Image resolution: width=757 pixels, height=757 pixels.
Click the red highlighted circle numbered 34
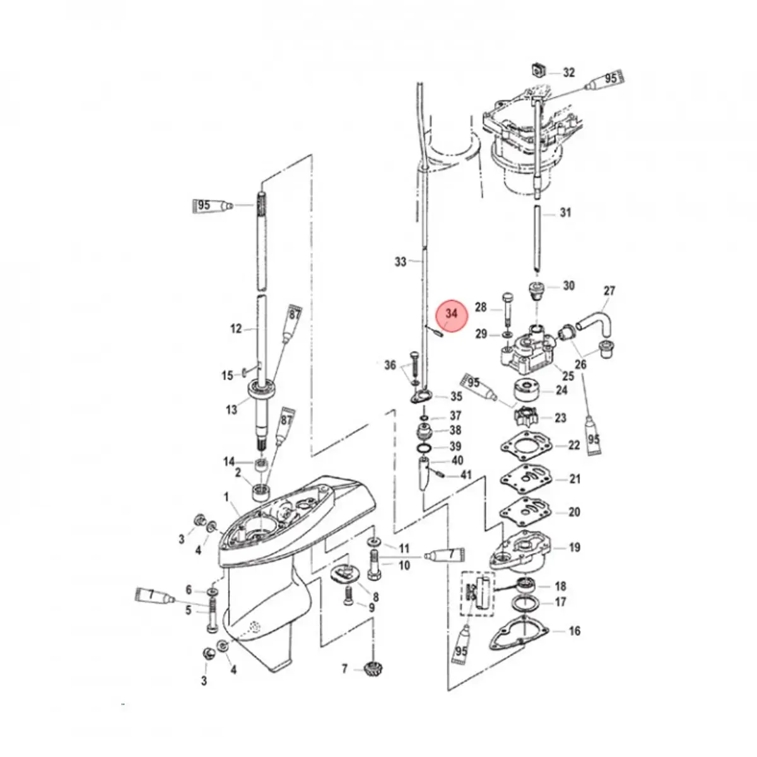(x=452, y=316)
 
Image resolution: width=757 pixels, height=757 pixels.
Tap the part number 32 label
(x=568, y=73)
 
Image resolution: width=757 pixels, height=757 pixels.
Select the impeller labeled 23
(x=526, y=416)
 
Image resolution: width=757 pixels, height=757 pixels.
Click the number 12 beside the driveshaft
(x=236, y=329)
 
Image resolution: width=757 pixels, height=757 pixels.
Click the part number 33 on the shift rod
(x=401, y=261)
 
